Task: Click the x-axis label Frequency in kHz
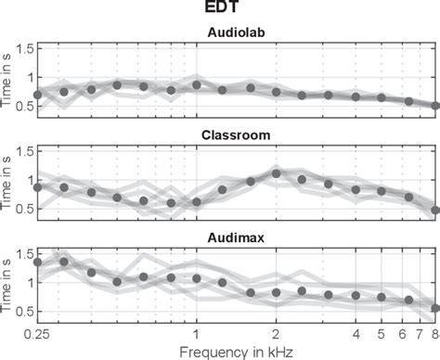pos(237,351)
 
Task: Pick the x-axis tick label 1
pos(197,332)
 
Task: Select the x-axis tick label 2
pos(277,332)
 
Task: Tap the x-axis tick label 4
pos(356,332)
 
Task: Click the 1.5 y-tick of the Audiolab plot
pos(22,48)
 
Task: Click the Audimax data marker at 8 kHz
pos(435,309)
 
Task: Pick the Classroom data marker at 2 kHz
pos(277,173)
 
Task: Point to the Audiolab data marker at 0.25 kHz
pos(37,95)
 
